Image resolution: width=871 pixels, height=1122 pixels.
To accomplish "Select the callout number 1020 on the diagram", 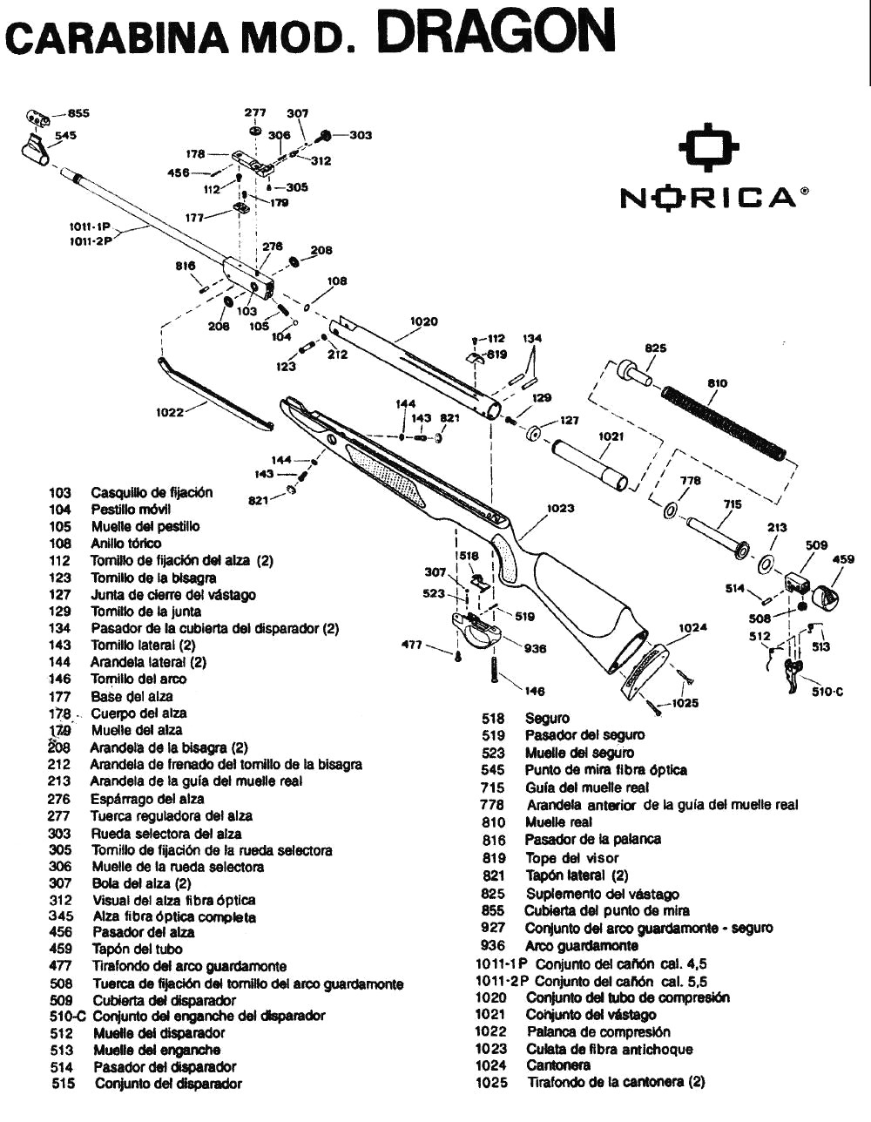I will [422, 321].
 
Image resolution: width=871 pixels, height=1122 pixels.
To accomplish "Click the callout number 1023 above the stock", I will [560, 508].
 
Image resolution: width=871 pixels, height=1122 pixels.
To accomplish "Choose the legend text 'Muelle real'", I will [558, 822].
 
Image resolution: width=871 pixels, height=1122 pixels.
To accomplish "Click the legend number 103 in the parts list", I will [60, 493].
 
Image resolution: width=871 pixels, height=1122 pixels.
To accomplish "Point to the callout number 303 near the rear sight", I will [361, 135].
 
